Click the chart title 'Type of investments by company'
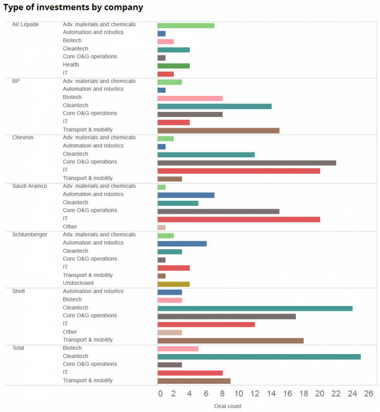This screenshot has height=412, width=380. tap(73, 7)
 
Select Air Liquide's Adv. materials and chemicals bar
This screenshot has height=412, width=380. tap(186, 25)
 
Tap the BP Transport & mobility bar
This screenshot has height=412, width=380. tap(218, 131)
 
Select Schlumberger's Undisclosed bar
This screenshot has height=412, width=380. tap(173, 284)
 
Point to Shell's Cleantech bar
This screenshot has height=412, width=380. tap(255, 308)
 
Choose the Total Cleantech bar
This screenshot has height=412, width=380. tap(259, 357)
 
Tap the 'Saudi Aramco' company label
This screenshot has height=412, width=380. tap(29, 186)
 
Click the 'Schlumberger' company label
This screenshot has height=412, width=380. tap(29, 234)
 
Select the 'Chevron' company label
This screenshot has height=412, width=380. tap(23, 137)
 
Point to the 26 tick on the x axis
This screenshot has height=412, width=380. tap(368, 394)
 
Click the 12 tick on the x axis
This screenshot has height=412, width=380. tap(255, 394)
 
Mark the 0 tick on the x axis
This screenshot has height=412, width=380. tap(160, 394)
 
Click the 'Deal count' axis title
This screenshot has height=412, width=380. tap(228, 406)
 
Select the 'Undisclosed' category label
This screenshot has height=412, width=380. tap(78, 283)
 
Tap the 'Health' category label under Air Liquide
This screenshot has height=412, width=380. tap(71, 65)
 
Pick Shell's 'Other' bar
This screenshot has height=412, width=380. tap(169, 332)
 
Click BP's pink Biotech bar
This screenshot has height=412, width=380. tap(190, 98)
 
